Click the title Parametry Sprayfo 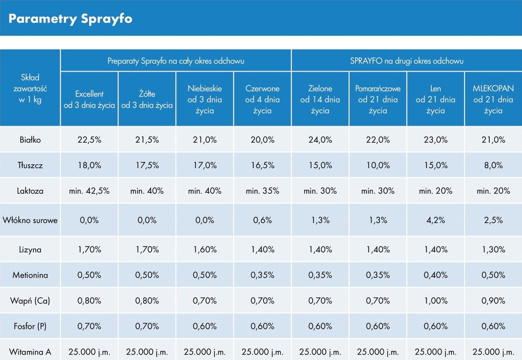click(x=70, y=19)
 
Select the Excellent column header click(x=89, y=99)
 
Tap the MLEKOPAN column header click(x=493, y=99)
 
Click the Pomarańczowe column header click(x=378, y=99)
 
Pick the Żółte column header click(x=147, y=99)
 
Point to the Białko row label click(x=30, y=140)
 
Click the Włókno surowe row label click(x=30, y=220)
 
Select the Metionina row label click(x=30, y=275)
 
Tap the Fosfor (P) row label click(x=30, y=326)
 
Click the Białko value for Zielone click(x=320, y=140)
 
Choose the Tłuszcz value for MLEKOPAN click(x=493, y=165)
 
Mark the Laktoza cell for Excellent click(x=89, y=191)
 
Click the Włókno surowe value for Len click(x=435, y=220)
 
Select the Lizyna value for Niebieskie click(x=205, y=249)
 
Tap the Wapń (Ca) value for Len click(x=435, y=301)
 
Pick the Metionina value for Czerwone click(x=262, y=275)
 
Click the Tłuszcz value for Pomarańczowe click(x=378, y=165)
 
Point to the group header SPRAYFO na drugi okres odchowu click(x=407, y=61)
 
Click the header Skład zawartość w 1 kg click(x=30, y=88)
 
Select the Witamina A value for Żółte click(x=147, y=352)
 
